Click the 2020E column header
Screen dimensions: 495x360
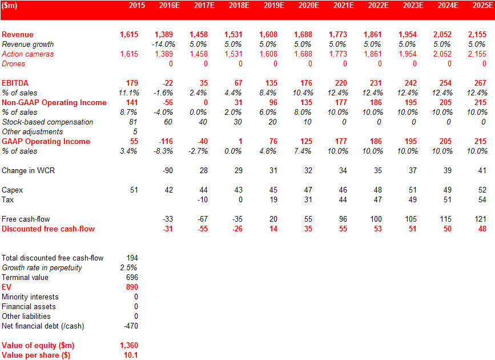pos(308,5)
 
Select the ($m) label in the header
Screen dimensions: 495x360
pos(10,5)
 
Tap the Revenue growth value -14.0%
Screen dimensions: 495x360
pos(163,44)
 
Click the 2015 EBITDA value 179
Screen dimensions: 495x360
pos(132,83)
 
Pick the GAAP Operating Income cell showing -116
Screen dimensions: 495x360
pos(166,141)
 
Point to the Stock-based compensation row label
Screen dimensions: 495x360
pos(47,122)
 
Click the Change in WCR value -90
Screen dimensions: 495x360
pos(168,171)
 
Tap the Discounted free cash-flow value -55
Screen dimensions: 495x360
pos(203,229)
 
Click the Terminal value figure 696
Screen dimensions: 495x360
pos(132,278)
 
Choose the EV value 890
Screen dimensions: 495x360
pos(132,287)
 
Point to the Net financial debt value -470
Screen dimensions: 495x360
pos(131,326)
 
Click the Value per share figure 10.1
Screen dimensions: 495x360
pos(131,355)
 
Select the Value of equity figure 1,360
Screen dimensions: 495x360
pos(129,346)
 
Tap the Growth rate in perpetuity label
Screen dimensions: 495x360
pos(42,268)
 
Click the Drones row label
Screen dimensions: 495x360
pos(13,63)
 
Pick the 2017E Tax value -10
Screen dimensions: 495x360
pos(202,200)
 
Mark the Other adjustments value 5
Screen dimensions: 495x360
pos(135,131)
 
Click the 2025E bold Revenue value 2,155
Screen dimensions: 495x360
pos(477,34)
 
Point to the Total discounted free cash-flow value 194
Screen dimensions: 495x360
pos(132,258)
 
